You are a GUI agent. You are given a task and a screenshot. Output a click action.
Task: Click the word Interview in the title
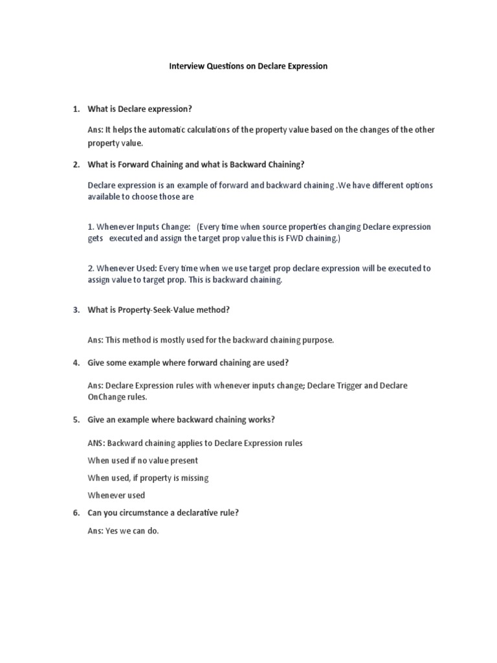click(186, 66)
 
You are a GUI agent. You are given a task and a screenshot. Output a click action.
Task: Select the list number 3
click(76, 309)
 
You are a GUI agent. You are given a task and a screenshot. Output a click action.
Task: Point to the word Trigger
click(353, 385)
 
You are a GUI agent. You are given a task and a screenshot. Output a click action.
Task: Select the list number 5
click(76, 420)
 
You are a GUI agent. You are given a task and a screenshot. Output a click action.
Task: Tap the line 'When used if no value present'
click(142, 460)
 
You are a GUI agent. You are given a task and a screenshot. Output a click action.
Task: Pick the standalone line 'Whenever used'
click(116, 495)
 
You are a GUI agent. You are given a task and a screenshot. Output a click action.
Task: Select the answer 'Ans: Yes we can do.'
click(123, 531)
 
